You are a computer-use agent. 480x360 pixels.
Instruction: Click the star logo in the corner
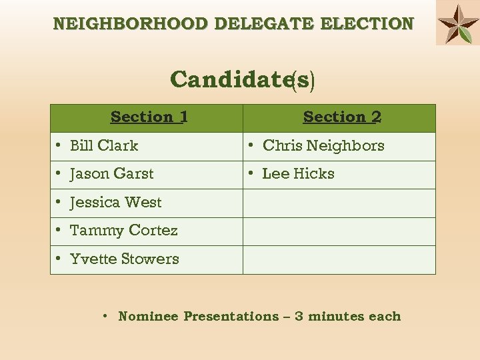(x=458, y=23)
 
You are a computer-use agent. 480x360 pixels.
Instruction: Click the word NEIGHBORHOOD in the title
(x=131, y=25)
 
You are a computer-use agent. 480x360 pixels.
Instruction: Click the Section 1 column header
(x=149, y=117)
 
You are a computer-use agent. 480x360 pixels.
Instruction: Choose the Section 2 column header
(x=342, y=117)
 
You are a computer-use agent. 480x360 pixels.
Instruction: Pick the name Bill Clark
(x=104, y=146)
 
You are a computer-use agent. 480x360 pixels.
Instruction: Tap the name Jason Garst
(x=111, y=174)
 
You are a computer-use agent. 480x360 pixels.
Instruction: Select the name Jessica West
(x=115, y=203)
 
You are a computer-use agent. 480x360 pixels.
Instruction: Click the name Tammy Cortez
(x=123, y=231)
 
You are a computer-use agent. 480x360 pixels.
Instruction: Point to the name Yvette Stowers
(x=124, y=259)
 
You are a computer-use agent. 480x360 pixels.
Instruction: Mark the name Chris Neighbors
(x=323, y=146)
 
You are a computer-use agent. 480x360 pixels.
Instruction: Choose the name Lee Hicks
(x=298, y=174)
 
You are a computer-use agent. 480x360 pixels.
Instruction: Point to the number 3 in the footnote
(x=299, y=317)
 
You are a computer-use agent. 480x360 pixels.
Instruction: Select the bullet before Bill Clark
(x=59, y=145)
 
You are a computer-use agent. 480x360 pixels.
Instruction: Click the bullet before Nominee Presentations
(x=106, y=315)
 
